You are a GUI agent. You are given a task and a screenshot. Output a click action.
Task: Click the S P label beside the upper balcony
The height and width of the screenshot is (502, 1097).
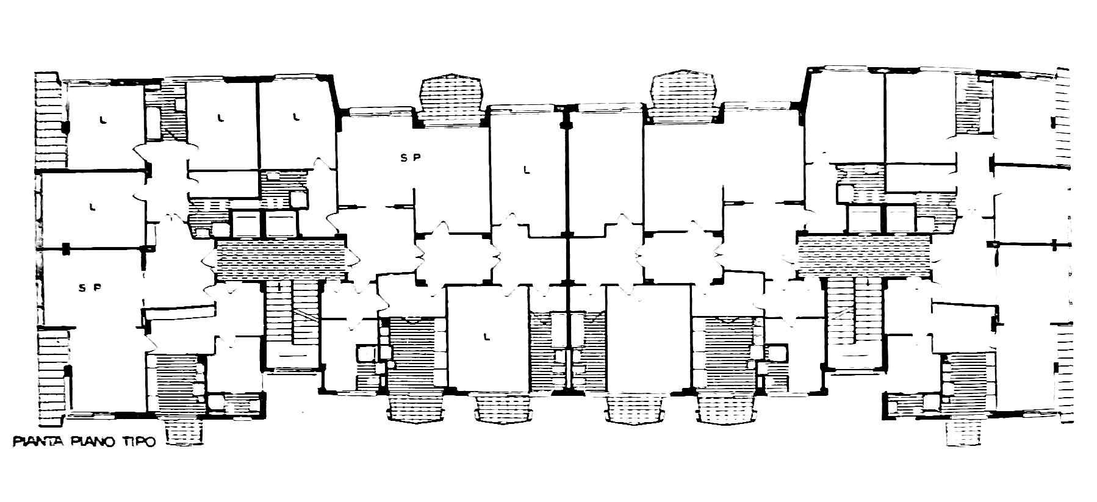click(410, 157)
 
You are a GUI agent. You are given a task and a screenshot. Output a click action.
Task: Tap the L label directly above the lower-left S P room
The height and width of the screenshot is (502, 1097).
click(93, 206)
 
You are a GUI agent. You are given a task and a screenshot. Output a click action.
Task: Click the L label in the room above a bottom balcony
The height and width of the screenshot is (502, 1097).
click(486, 335)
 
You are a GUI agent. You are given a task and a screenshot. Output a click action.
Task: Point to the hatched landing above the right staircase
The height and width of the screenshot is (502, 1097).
click(865, 255)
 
